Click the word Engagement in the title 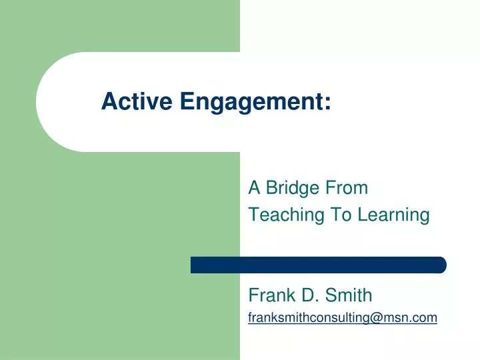[x=251, y=101]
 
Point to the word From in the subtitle [x=346, y=188]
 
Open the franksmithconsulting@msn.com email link [x=342, y=319]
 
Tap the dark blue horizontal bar [x=318, y=265]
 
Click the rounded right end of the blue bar [x=441, y=265]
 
